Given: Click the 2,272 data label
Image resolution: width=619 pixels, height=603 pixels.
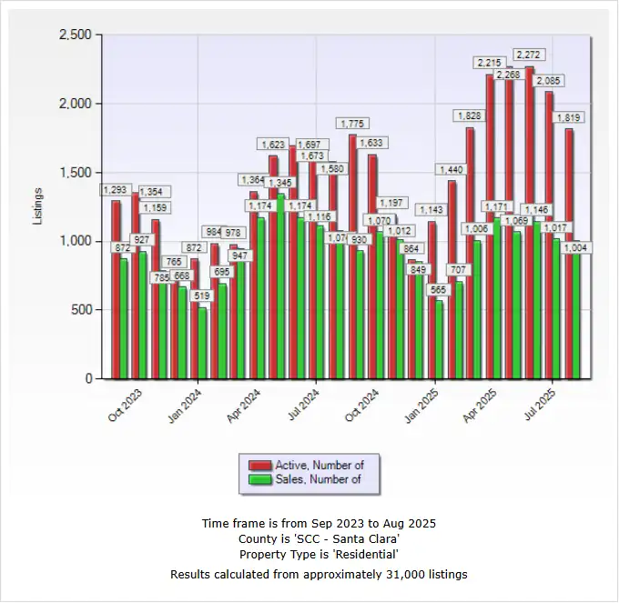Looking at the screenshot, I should point(529,54).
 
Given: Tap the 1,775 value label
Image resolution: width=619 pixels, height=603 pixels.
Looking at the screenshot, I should point(352,123).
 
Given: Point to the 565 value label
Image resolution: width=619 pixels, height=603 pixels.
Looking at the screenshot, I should point(438,290).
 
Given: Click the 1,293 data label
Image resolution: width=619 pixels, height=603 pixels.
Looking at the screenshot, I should point(115,190).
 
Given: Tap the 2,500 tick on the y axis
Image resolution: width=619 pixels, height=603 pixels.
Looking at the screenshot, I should point(75,35).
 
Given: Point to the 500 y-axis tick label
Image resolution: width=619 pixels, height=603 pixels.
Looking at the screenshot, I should point(81,309).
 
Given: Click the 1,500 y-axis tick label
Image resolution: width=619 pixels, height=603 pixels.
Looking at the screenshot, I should point(75,172).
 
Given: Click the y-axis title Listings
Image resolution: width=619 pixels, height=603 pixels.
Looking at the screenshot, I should point(38,206).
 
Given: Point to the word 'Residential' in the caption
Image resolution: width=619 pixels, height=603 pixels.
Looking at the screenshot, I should point(368,554).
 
